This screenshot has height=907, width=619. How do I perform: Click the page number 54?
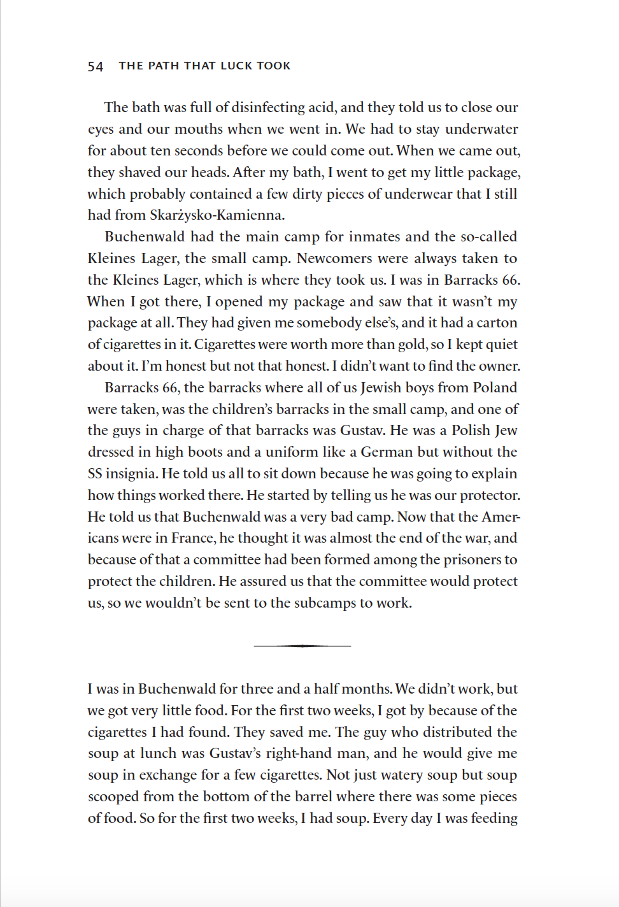click(x=96, y=66)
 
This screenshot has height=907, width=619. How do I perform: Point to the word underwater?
click(x=481, y=129)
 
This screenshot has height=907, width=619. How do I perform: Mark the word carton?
click(x=497, y=322)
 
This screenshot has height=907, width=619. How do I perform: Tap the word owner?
click(x=501, y=366)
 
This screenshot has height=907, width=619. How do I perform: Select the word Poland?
click(x=495, y=387)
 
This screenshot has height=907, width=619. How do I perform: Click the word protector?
click(x=490, y=495)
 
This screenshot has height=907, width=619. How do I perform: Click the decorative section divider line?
click(x=302, y=646)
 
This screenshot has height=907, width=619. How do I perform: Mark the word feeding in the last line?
click(x=494, y=818)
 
